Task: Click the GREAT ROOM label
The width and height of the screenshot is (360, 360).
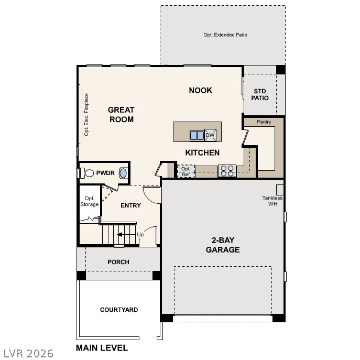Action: click(121, 114)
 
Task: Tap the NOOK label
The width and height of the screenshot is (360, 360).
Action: click(200, 90)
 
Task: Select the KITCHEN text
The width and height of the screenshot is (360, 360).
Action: click(202, 152)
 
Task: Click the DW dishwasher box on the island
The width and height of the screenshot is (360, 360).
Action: click(210, 135)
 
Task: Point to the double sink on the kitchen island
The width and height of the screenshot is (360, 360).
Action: click(197, 135)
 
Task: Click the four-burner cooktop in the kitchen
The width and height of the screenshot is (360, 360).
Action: click(227, 170)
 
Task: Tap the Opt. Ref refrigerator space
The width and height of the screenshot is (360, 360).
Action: click(186, 171)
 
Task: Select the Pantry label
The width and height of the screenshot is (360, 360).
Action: click(264, 122)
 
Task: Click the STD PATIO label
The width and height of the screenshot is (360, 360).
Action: click(260, 94)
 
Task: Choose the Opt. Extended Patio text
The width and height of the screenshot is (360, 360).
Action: click(225, 35)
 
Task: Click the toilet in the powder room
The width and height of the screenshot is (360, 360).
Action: click(88, 172)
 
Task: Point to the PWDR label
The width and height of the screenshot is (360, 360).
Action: click(105, 172)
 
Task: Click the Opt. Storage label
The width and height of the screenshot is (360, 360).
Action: click(89, 201)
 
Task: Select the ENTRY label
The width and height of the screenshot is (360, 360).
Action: click(130, 205)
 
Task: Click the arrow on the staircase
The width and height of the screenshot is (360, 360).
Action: click(123, 235)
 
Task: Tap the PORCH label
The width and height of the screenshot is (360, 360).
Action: click(118, 262)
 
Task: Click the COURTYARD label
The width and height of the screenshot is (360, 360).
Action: click(119, 310)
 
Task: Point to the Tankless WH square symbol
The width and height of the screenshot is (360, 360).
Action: click(280, 189)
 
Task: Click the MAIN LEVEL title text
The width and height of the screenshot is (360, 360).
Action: click(102, 347)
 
